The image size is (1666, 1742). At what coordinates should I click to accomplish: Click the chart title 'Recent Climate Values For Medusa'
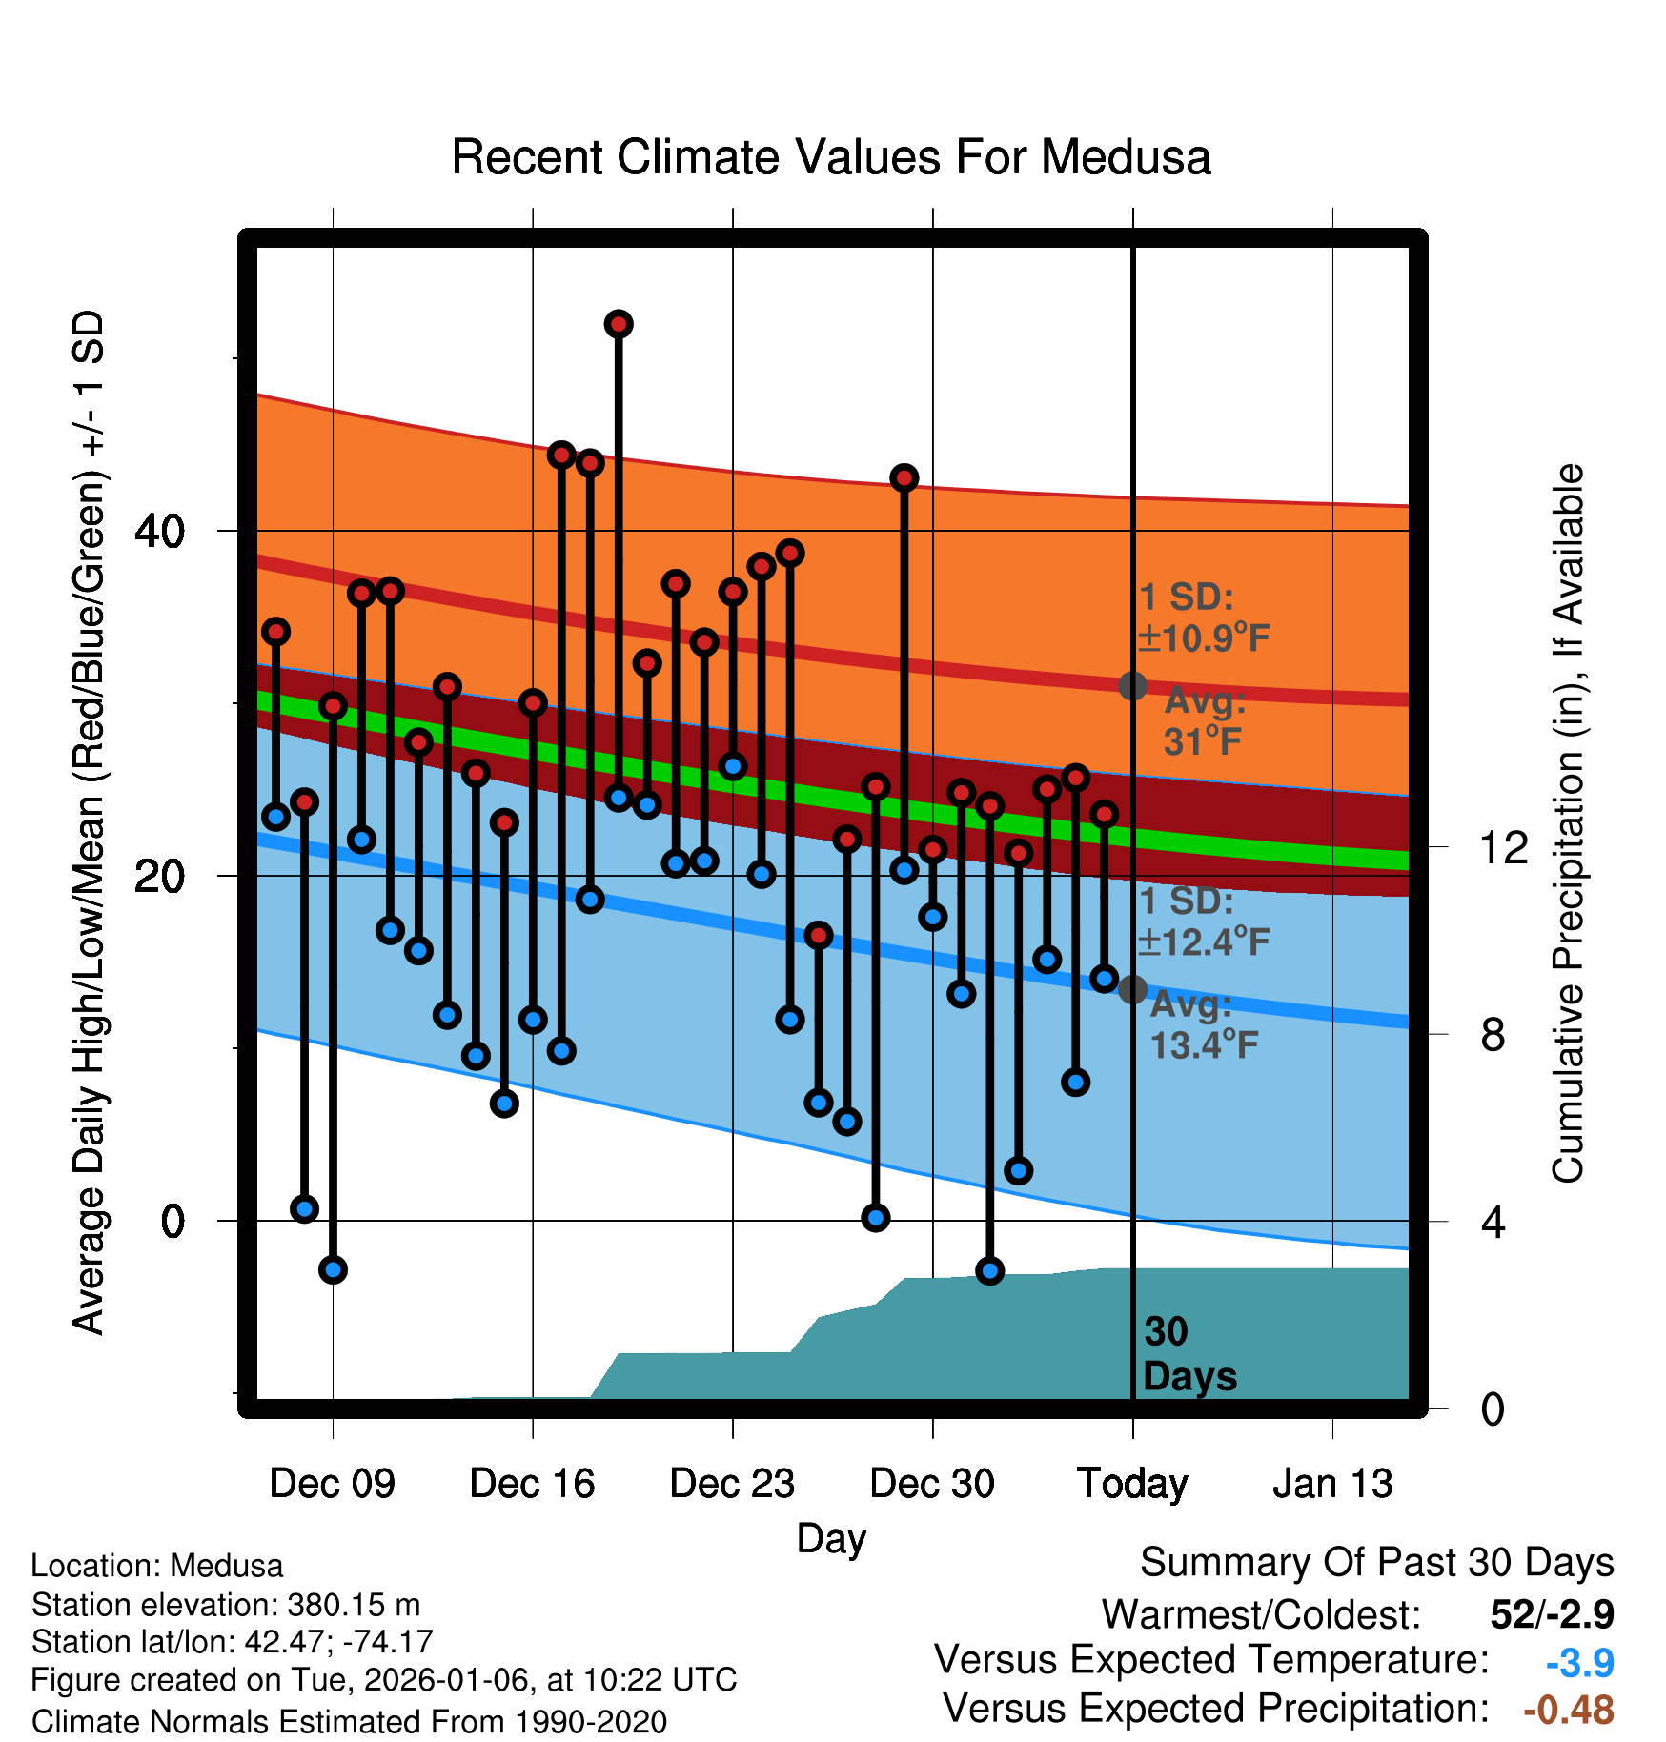tap(830, 157)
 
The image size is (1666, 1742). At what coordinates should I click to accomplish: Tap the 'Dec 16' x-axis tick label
tap(532, 1484)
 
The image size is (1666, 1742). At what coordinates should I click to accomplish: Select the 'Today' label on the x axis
tap(1132, 1484)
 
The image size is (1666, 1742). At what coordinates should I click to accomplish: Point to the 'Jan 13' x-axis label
tap(1332, 1484)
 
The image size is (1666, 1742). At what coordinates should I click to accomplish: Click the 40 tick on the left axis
tap(159, 531)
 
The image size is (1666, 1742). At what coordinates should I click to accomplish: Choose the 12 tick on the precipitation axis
tap(1503, 847)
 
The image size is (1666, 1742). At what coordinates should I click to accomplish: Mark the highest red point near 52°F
tap(619, 324)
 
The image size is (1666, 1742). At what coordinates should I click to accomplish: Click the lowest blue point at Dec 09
tap(333, 1269)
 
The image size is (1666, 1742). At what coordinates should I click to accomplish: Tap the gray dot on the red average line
tap(1132, 685)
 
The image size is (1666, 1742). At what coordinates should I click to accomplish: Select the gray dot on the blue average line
tap(1132, 989)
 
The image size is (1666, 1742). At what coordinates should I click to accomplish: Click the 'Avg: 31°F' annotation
tap(1204, 721)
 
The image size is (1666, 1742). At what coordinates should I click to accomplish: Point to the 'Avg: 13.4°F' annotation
tap(1203, 1025)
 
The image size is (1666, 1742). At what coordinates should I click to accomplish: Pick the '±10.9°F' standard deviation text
tap(1204, 638)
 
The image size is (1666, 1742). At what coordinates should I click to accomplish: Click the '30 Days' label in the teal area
tap(1189, 1354)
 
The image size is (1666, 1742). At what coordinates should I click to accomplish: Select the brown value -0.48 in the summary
tap(1568, 1710)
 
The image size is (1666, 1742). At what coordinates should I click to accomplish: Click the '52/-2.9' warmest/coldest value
tap(1552, 1614)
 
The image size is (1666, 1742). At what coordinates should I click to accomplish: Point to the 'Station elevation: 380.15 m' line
tap(226, 1605)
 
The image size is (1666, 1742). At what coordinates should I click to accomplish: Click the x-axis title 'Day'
tap(831, 1538)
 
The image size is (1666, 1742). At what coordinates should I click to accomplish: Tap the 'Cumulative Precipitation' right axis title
tap(1567, 823)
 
